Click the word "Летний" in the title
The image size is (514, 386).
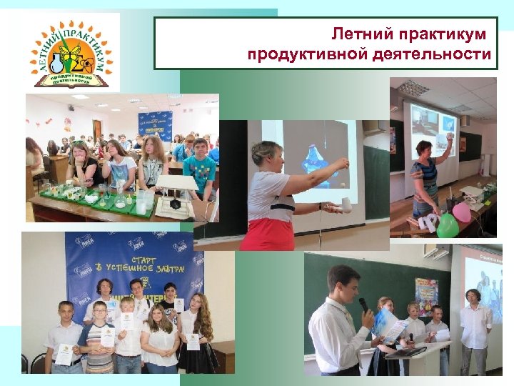pos(358,34)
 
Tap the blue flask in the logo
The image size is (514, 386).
pos(56,64)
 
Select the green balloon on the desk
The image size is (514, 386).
pos(445,224)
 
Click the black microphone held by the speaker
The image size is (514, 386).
pos(363,305)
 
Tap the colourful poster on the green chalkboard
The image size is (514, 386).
pos(426,296)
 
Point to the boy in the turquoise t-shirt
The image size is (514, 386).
pos(199,168)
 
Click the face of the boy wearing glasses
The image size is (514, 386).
pos(100,310)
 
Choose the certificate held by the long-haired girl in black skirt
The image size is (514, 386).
pos(193,341)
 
